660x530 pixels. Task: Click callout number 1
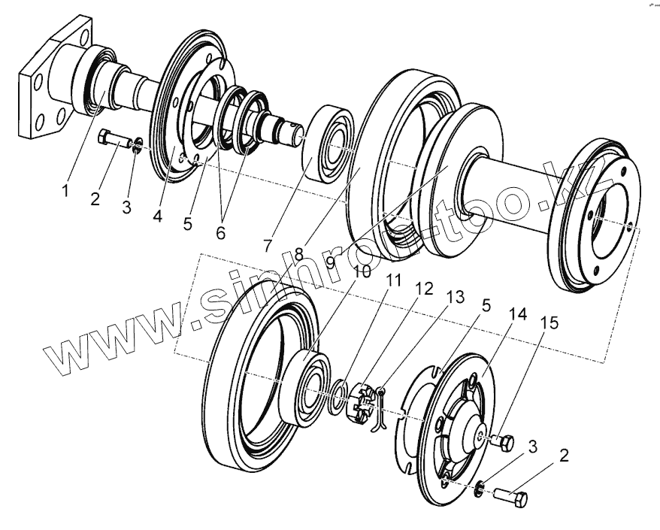[x=65, y=191]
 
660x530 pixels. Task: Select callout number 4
[x=157, y=217]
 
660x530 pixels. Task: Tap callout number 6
[x=220, y=232]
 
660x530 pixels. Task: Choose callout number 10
[x=362, y=271]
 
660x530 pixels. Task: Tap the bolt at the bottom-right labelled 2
[x=512, y=497]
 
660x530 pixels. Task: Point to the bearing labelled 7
[x=327, y=145]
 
